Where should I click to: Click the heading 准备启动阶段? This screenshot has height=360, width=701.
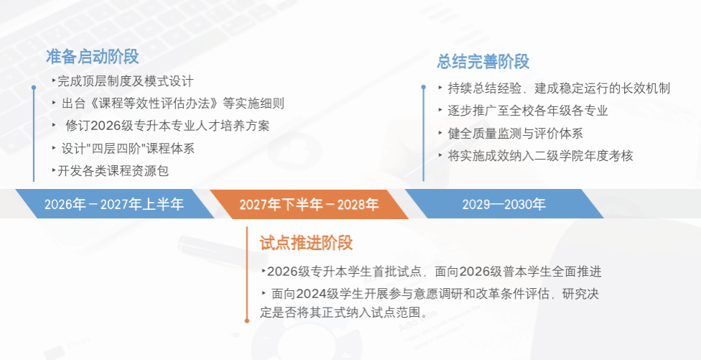(x=92, y=57)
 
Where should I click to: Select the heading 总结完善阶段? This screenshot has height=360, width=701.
(x=483, y=62)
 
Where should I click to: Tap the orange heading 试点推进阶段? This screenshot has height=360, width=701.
(x=306, y=243)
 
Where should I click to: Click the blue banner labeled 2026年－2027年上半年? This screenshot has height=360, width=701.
(x=114, y=204)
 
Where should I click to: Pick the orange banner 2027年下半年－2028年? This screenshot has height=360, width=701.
(x=309, y=204)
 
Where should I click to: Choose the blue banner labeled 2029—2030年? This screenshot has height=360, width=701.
(x=504, y=204)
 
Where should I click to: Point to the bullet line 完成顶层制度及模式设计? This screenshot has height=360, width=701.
(x=123, y=81)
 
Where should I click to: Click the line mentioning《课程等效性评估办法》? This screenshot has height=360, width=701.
(x=168, y=103)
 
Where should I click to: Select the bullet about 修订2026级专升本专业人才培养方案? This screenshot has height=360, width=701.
(x=161, y=126)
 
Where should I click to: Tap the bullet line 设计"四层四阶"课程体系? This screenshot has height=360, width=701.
(x=124, y=148)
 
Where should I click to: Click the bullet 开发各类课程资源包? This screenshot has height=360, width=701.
(x=110, y=170)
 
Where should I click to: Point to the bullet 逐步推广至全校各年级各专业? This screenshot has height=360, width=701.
(x=524, y=111)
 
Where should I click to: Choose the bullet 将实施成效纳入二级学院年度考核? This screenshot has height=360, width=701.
(x=536, y=156)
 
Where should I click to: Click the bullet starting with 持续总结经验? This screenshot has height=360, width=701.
(x=554, y=88)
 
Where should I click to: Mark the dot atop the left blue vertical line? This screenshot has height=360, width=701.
(x=34, y=88)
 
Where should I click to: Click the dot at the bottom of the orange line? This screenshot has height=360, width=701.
(x=247, y=320)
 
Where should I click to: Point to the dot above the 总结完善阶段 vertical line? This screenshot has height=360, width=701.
(x=423, y=87)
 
